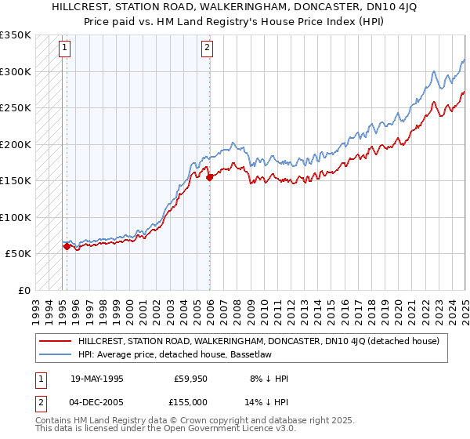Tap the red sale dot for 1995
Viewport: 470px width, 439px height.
click(67, 247)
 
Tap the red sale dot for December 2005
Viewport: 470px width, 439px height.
click(210, 177)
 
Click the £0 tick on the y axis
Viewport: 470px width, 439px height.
click(23, 290)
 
